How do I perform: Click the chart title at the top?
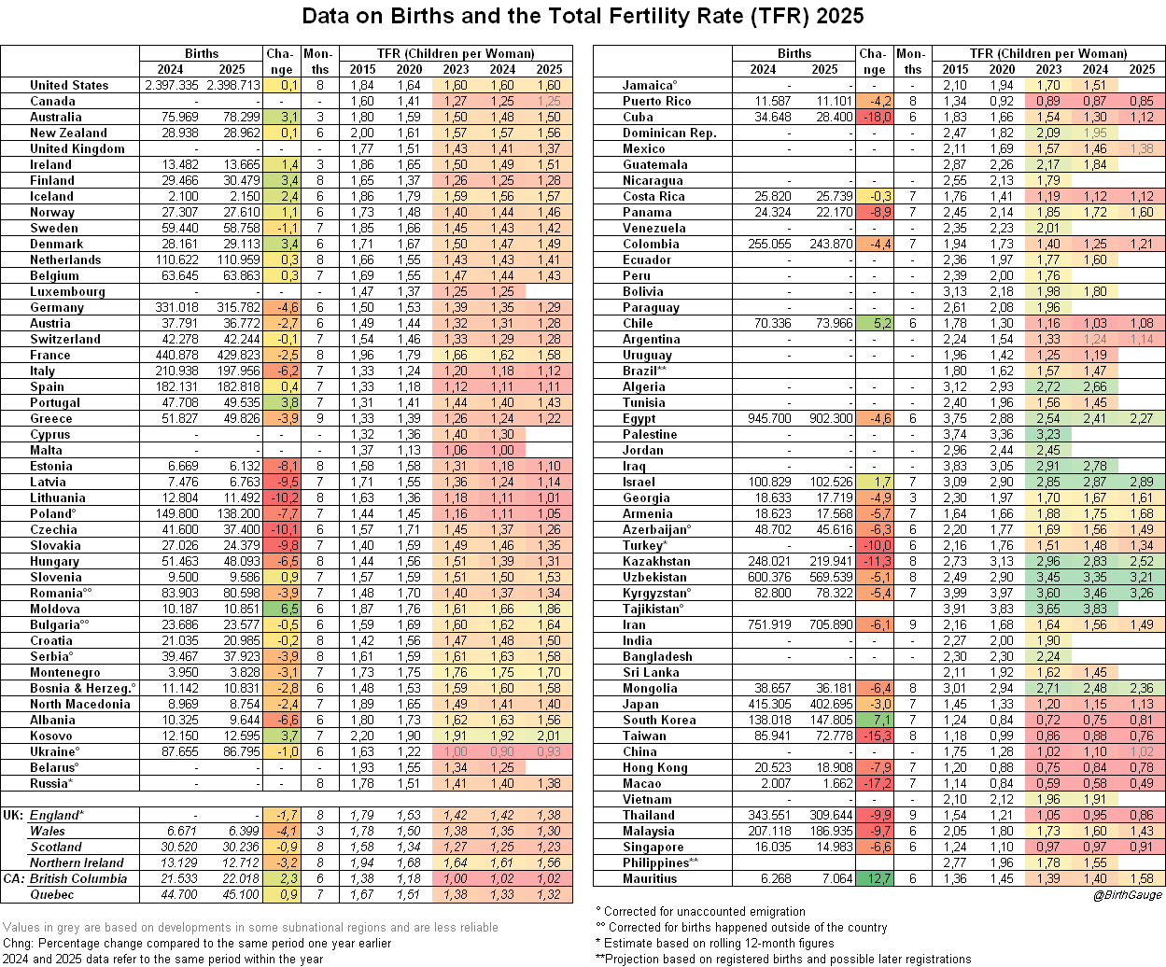point(583,16)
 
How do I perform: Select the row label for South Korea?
point(659,720)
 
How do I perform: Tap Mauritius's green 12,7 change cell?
point(874,878)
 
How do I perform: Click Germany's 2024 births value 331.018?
point(174,307)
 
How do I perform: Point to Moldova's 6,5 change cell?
point(281,609)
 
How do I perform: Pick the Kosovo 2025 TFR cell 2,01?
point(549,736)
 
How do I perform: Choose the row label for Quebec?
point(52,894)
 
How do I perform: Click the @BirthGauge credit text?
point(1128,895)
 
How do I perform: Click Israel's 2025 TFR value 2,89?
point(1142,482)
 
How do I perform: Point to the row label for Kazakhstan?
point(657,561)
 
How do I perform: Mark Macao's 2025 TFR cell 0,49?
point(1142,783)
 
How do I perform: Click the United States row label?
point(69,85)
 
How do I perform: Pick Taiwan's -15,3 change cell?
point(874,736)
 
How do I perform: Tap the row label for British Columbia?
point(78,878)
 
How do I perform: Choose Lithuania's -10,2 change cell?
point(281,498)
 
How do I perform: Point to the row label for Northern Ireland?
point(77,862)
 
